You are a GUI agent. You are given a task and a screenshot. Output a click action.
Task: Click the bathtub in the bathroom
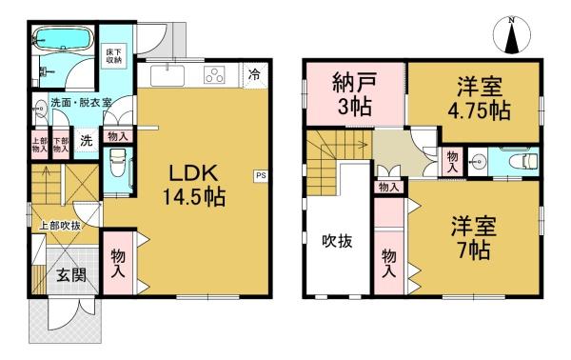click(64, 37)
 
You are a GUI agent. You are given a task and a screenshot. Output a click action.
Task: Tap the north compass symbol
click(512, 35)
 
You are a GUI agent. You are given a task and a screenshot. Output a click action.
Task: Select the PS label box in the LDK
click(261, 175)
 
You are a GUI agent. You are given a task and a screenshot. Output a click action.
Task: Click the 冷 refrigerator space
click(255, 75)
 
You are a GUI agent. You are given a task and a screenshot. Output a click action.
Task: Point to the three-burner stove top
click(214, 75)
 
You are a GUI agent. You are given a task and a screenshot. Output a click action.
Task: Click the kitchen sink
click(167, 76)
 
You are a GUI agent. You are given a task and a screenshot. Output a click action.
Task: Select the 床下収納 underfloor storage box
click(114, 56)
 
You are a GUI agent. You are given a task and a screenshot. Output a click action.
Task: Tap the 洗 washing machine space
click(87, 141)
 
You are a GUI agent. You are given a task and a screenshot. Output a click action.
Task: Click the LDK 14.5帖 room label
click(193, 186)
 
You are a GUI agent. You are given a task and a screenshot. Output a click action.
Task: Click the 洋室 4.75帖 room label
click(479, 98)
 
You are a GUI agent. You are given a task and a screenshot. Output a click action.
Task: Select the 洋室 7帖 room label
click(474, 237)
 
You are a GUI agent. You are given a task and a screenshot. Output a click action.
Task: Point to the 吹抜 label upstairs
click(337, 241)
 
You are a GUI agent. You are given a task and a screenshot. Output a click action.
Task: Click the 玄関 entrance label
click(71, 274)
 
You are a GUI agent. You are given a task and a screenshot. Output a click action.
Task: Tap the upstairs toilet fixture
click(523, 160)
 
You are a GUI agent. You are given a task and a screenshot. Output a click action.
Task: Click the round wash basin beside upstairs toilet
click(478, 160)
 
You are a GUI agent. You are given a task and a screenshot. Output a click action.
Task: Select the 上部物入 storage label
click(40, 145)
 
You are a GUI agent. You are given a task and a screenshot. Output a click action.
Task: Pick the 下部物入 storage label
click(61, 145)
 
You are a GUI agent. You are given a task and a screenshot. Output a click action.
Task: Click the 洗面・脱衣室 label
click(81, 103)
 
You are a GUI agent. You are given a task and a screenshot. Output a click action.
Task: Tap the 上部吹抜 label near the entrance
click(60, 226)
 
